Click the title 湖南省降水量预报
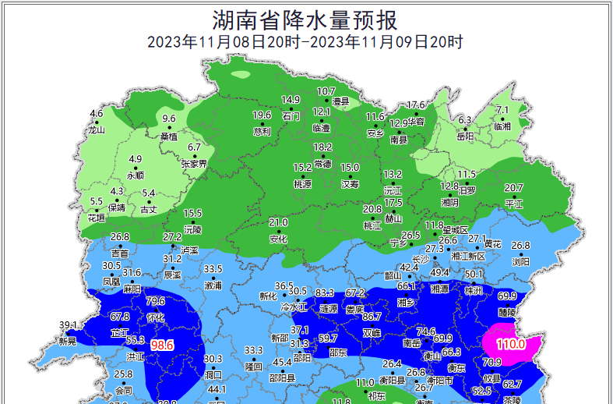[305, 18]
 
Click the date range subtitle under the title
[305, 42]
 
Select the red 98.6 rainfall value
[163, 345]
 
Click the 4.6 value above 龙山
[97, 114]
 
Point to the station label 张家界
[194, 164]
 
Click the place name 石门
[291, 115]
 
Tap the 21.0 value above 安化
[278, 222]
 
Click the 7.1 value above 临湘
[502, 110]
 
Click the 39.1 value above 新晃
[69, 325]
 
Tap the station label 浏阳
[520, 262]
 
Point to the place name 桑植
[169, 136]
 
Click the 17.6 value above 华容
[417, 105]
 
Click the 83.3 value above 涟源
[325, 293]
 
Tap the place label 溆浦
[213, 285]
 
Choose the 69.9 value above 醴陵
[507, 296]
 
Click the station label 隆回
[253, 366]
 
